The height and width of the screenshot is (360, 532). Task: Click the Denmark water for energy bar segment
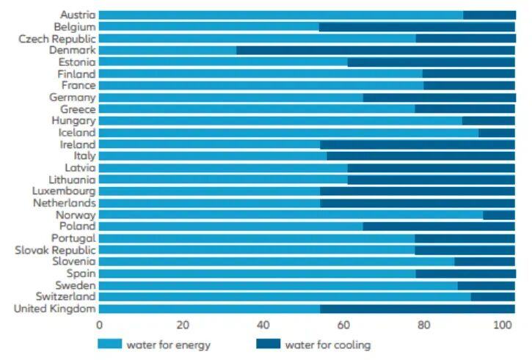(x=167, y=51)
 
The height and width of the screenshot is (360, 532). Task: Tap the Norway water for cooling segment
(x=499, y=215)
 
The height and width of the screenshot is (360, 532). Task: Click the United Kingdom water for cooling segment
(x=418, y=309)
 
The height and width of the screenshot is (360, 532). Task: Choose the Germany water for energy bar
(x=230, y=98)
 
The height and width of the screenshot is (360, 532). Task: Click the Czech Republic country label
(x=57, y=39)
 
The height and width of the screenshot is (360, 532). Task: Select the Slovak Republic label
(x=55, y=250)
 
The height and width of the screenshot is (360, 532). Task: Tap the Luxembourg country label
(x=64, y=191)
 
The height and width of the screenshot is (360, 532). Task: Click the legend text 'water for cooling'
(x=327, y=345)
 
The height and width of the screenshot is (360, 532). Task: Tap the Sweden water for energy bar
(x=278, y=285)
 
